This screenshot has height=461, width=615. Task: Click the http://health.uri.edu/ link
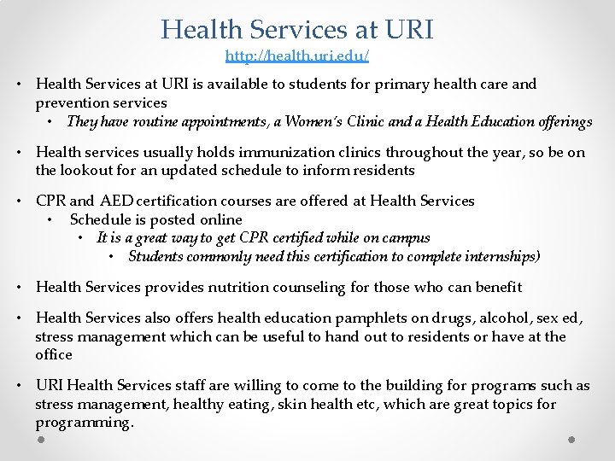(297, 56)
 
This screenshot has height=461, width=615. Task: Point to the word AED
(119, 201)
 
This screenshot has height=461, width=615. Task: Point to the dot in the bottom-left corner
(41, 440)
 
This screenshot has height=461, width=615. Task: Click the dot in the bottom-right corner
(571, 440)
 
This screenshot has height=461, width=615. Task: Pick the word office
(54, 355)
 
